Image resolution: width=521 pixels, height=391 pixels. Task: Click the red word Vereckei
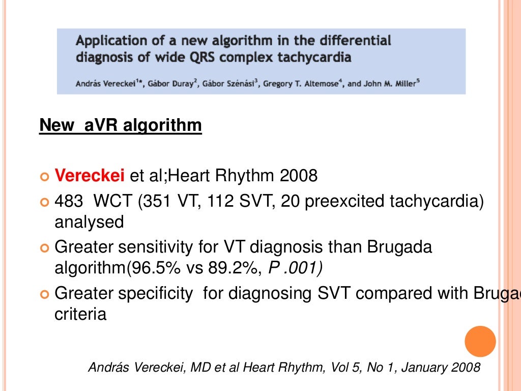click(x=90, y=176)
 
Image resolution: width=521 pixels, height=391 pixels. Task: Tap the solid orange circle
click(x=480, y=342)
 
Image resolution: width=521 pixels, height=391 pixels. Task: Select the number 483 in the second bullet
click(x=68, y=202)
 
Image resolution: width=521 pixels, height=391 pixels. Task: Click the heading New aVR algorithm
click(x=120, y=125)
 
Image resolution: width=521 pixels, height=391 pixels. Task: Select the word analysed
click(x=89, y=222)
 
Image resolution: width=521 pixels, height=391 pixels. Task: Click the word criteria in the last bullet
click(x=80, y=314)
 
